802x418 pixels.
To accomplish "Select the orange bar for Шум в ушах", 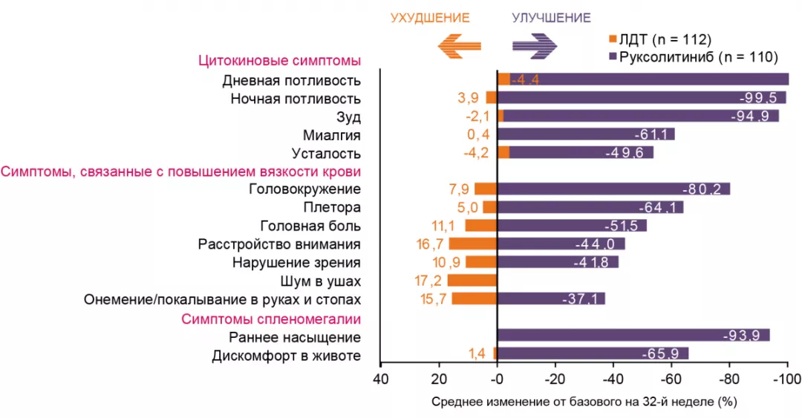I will coord(472,281).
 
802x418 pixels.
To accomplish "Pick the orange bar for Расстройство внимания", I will coord(472,244).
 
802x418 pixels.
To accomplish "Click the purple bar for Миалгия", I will coord(586,134).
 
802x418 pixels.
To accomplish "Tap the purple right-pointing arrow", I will coord(535,46).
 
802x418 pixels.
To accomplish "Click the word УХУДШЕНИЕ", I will coord(430,18).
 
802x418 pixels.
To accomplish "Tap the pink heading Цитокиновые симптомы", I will coord(279,61).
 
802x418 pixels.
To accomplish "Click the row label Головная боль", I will coord(310,226).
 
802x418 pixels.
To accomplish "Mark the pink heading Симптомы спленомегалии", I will coord(272,319).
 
